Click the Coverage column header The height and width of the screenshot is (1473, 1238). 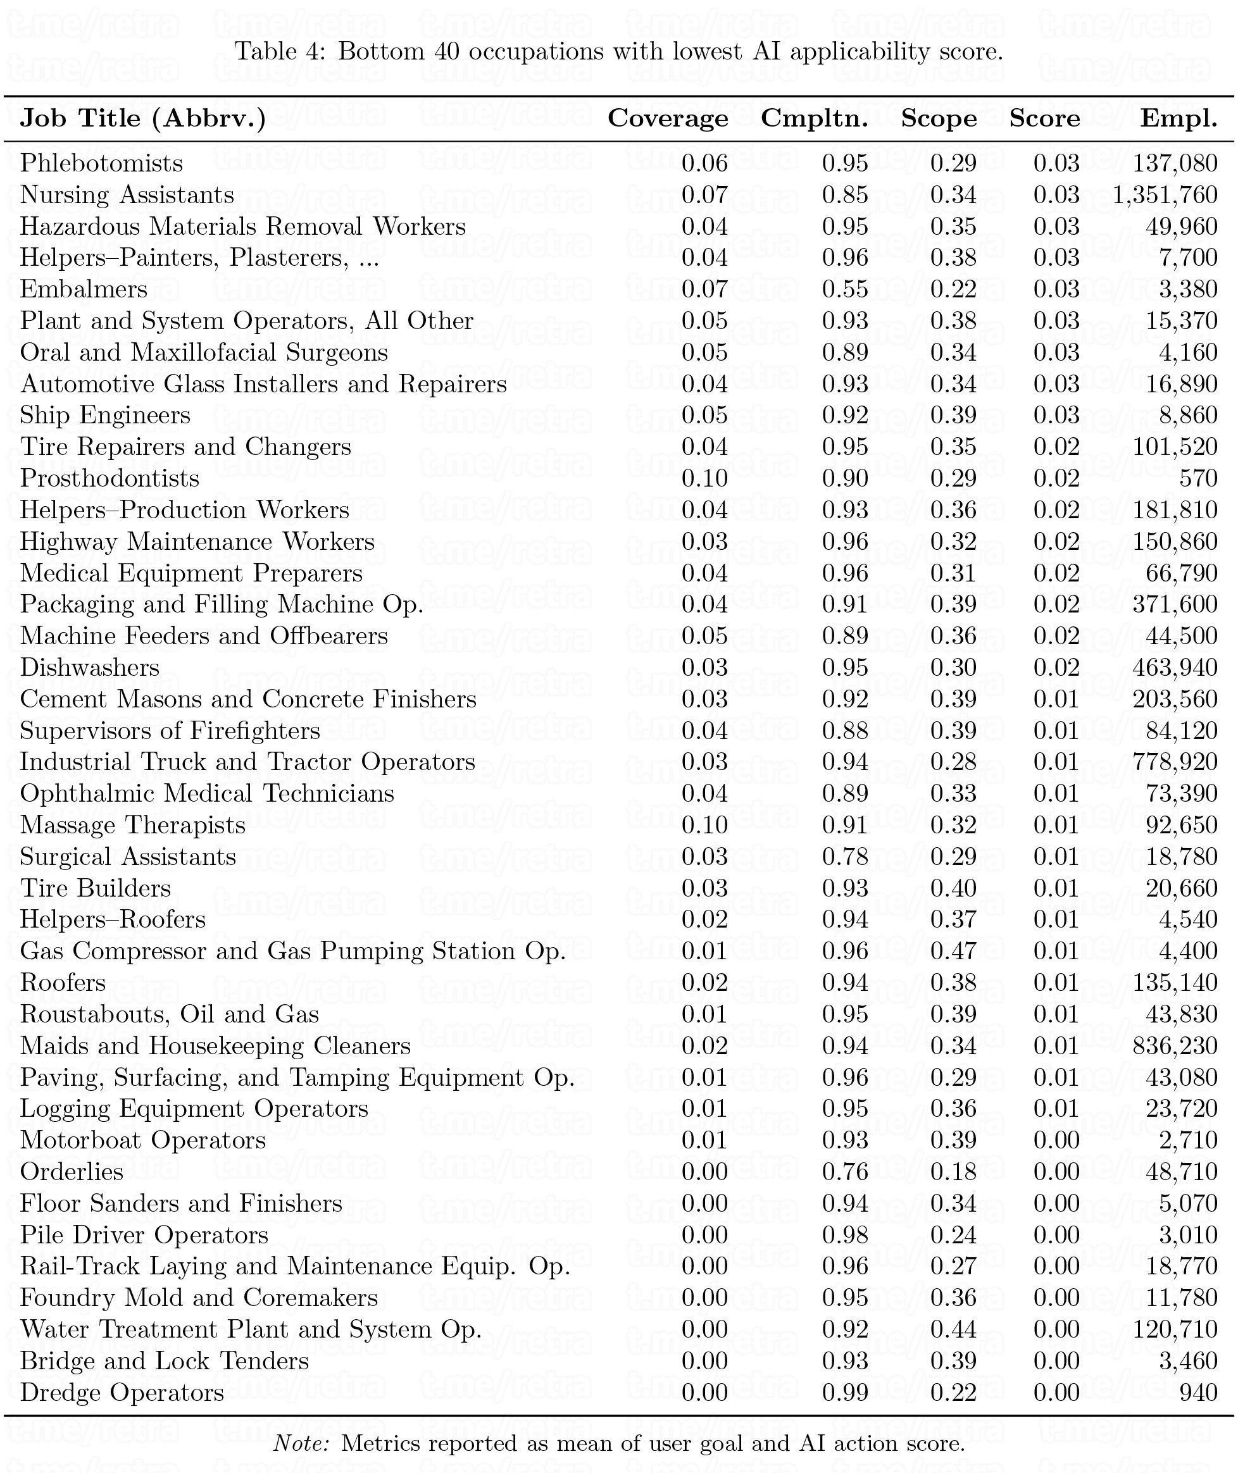pyautogui.click(x=668, y=118)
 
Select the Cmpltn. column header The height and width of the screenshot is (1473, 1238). pyautogui.click(x=814, y=118)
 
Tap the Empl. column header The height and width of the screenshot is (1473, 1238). pyautogui.click(x=1179, y=118)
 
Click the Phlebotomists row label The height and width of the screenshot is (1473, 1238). pyautogui.click(x=102, y=163)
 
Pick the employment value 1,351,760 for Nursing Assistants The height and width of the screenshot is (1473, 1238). pyautogui.click(x=1165, y=195)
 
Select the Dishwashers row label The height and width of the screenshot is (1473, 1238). pyautogui.click(x=90, y=667)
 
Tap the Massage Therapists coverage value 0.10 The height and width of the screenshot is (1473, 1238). pyautogui.click(x=704, y=825)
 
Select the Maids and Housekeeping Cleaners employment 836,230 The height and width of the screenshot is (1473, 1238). pyautogui.click(x=1175, y=1046)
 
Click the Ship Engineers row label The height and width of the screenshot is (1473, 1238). pyautogui.click(x=105, y=415)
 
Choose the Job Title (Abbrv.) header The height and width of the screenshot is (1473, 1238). pyautogui.click(x=143, y=118)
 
